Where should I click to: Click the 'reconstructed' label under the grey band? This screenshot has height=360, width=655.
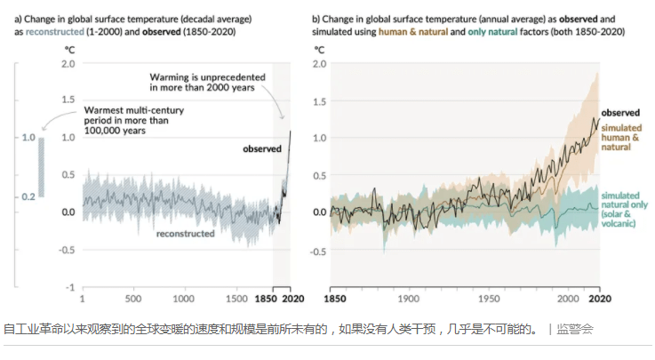185,234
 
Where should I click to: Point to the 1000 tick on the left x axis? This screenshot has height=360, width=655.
185,300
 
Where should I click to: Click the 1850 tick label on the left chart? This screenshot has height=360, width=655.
268,300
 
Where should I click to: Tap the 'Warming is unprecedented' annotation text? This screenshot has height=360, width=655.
203,83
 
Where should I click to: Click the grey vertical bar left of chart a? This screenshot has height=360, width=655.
41,166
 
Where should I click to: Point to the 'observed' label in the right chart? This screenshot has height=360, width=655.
620,114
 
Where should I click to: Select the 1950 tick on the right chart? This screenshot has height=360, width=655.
488,300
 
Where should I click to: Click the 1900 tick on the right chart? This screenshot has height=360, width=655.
408,300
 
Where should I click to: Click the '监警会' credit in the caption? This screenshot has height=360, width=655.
575,329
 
